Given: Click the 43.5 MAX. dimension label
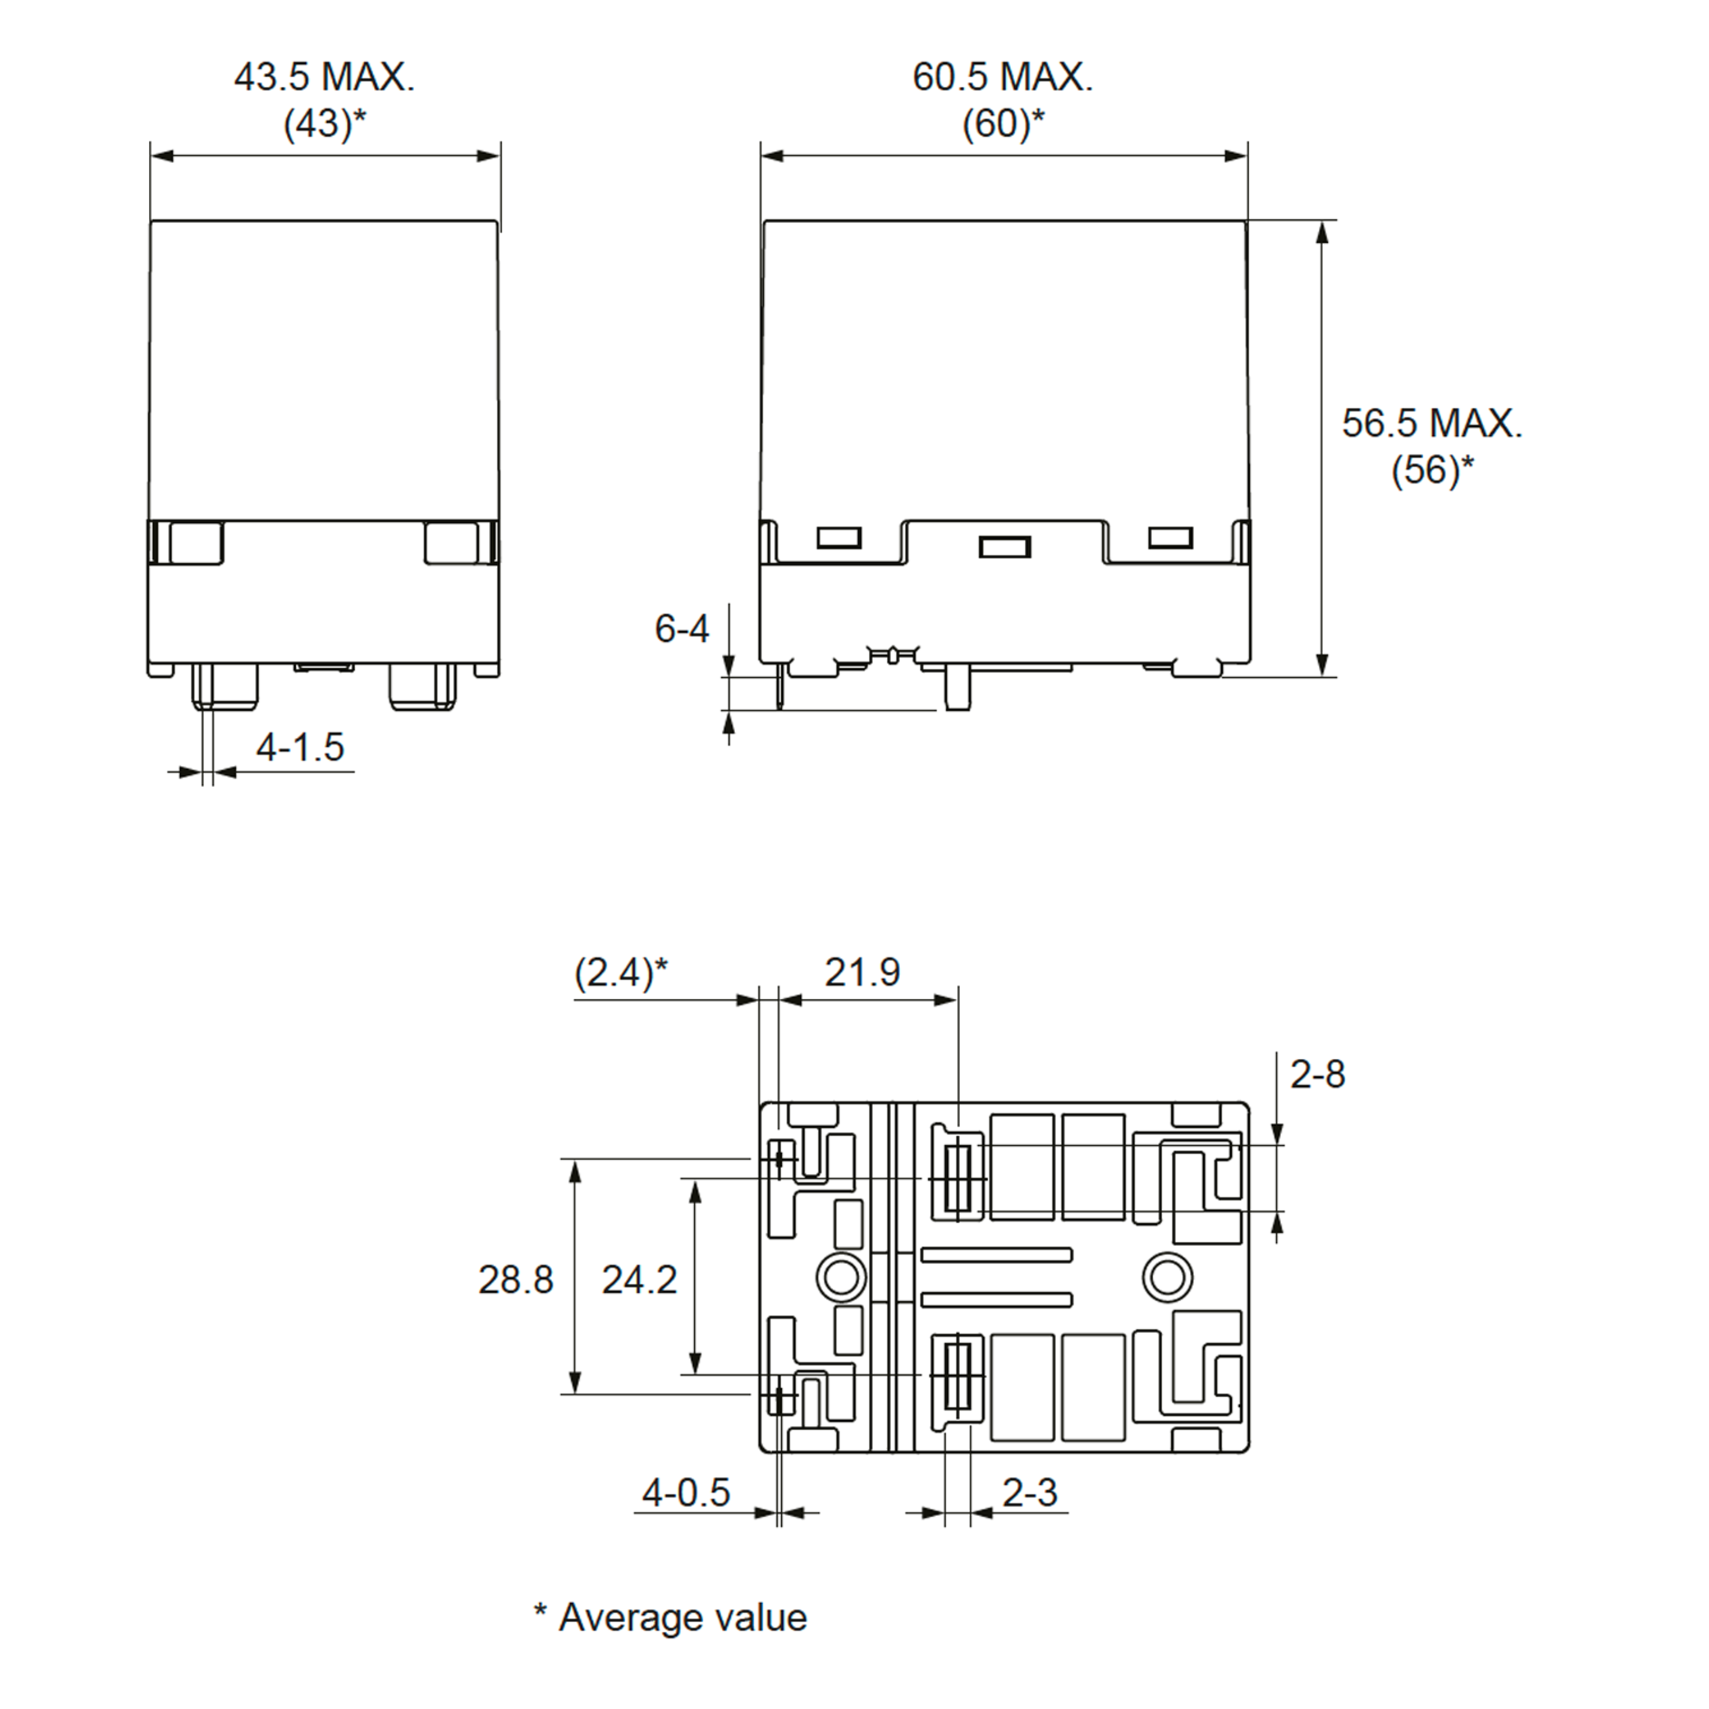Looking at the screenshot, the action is (324, 77).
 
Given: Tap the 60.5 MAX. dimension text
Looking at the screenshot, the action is (1003, 77).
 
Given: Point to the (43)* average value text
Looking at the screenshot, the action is (324, 123).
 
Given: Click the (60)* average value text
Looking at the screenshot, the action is (1003, 123).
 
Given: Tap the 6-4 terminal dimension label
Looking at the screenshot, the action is (681, 628).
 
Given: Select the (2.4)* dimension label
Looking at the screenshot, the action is (621, 972).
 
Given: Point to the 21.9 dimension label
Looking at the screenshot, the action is (862, 972).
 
